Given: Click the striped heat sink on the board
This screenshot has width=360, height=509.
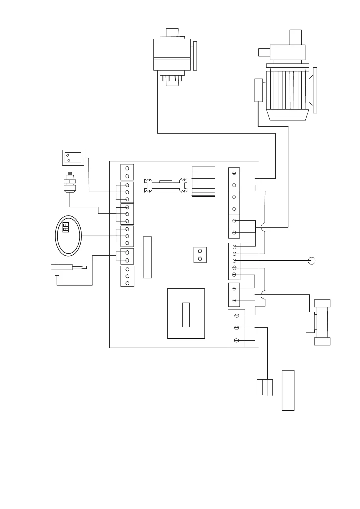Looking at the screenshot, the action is click(204, 181).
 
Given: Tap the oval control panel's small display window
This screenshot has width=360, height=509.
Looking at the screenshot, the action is click(66, 227).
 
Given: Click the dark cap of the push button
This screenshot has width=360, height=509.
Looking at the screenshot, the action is click(70, 174).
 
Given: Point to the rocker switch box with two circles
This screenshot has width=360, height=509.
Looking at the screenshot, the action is click(73, 157).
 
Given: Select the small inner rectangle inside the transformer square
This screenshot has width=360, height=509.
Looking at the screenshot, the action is click(186, 314).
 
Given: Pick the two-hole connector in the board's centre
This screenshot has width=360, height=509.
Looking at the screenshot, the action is click(200, 255).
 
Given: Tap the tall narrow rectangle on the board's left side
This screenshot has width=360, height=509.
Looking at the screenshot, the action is click(147, 257).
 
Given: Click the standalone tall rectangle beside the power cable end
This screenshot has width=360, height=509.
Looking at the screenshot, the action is click(288, 390).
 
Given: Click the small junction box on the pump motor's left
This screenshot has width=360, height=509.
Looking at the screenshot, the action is click(259, 90).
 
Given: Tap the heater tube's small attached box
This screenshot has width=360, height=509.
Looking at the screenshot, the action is click(310, 322).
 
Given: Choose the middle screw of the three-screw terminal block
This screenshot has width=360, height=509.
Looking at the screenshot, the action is click(237, 328).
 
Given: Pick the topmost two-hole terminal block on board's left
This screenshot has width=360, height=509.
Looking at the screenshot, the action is click(127, 172).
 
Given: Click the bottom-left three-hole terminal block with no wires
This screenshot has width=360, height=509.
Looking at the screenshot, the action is click(127, 276).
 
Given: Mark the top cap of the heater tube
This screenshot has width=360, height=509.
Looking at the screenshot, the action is click(322, 303).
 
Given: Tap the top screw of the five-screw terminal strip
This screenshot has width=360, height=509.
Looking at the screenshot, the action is click(234, 247).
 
